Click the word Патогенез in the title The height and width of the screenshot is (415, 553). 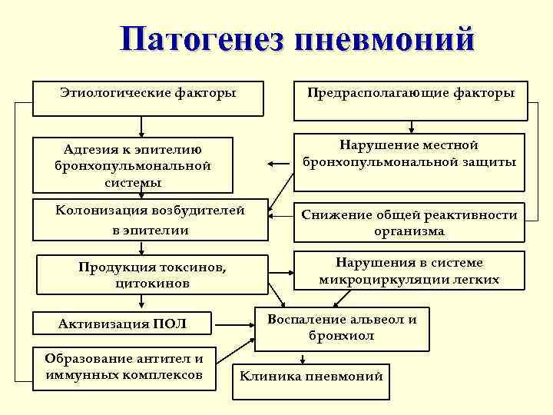[x=202, y=41]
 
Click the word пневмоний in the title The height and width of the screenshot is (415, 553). [x=383, y=41]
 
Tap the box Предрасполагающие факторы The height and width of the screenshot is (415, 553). [x=411, y=100]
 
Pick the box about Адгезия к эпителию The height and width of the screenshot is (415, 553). [x=133, y=164]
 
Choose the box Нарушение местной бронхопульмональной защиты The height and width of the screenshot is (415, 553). [x=409, y=161]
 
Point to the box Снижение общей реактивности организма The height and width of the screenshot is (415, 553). [x=409, y=223]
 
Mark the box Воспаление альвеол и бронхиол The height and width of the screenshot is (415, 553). [x=342, y=327]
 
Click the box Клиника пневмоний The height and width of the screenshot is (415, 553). [x=311, y=377]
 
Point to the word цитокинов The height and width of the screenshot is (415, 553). [x=151, y=284]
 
